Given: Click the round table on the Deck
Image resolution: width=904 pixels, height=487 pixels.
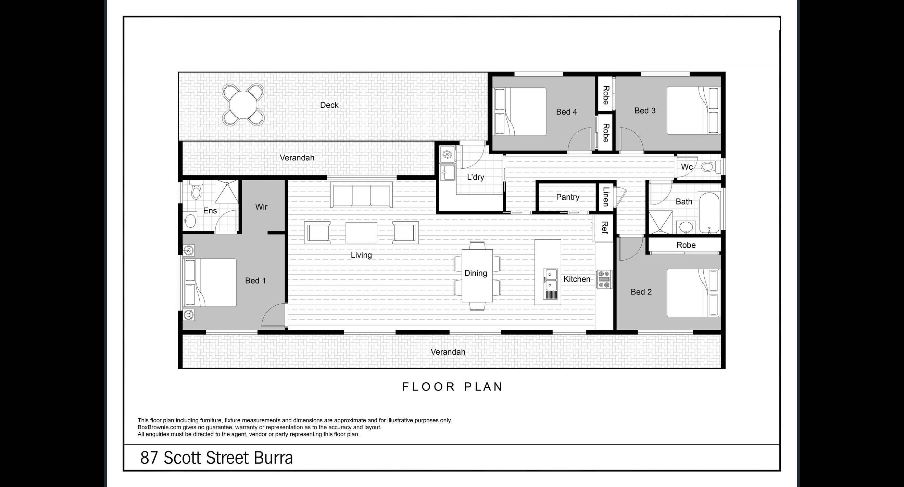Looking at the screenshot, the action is (243, 105).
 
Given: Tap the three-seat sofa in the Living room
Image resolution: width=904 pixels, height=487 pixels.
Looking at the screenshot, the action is (362, 196).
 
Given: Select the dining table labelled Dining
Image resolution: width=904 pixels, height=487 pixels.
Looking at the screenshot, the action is (477, 276).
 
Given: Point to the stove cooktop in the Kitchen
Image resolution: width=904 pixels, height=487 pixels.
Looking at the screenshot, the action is (604, 279).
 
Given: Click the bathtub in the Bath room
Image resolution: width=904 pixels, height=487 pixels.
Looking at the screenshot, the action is (709, 213).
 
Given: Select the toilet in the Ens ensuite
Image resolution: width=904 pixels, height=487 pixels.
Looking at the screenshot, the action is (196, 191).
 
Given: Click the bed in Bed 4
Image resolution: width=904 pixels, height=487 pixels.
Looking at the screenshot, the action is (520, 111).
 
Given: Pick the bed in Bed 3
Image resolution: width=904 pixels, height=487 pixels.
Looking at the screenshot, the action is (693, 110).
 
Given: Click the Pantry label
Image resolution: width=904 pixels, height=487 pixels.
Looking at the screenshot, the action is (567, 197).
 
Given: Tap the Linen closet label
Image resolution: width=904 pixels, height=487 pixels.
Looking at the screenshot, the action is (606, 197).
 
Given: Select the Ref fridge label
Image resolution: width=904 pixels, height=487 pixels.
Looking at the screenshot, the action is (604, 227).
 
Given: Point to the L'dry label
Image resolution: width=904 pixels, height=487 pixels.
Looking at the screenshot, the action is (476, 177).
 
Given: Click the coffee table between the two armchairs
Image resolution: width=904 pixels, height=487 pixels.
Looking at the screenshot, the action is (362, 233).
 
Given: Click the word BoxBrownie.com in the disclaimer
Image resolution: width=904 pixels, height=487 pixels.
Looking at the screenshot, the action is (159, 427).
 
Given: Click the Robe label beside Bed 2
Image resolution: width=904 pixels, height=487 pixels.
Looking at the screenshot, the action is (686, 245).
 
